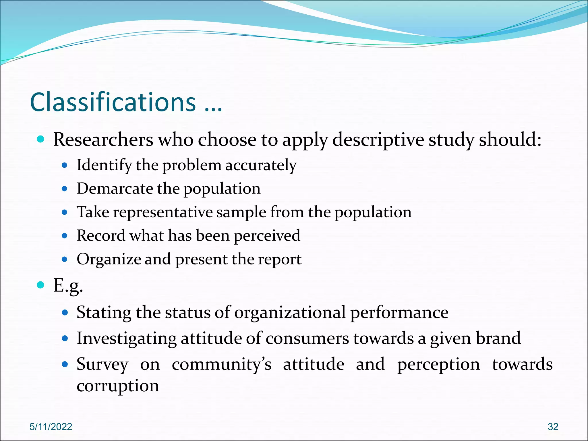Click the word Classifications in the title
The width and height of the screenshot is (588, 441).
113,102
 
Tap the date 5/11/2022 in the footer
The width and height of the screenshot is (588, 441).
51,427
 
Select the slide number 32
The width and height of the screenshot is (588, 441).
553,427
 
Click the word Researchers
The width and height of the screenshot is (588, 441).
103,140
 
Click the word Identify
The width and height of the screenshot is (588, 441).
104,165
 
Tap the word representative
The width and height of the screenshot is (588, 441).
163,212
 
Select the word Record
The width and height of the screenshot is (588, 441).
101,236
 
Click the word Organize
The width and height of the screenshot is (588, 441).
109,259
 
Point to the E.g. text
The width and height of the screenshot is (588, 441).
68,286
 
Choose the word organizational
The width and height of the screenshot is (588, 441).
290,312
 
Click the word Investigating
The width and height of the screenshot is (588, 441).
126,338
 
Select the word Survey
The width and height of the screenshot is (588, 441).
102,365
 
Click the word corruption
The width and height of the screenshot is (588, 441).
118,386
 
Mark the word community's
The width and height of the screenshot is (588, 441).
221,364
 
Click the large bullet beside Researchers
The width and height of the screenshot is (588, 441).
41,140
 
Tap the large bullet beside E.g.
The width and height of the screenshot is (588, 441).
41,285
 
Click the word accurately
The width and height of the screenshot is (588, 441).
261,165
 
